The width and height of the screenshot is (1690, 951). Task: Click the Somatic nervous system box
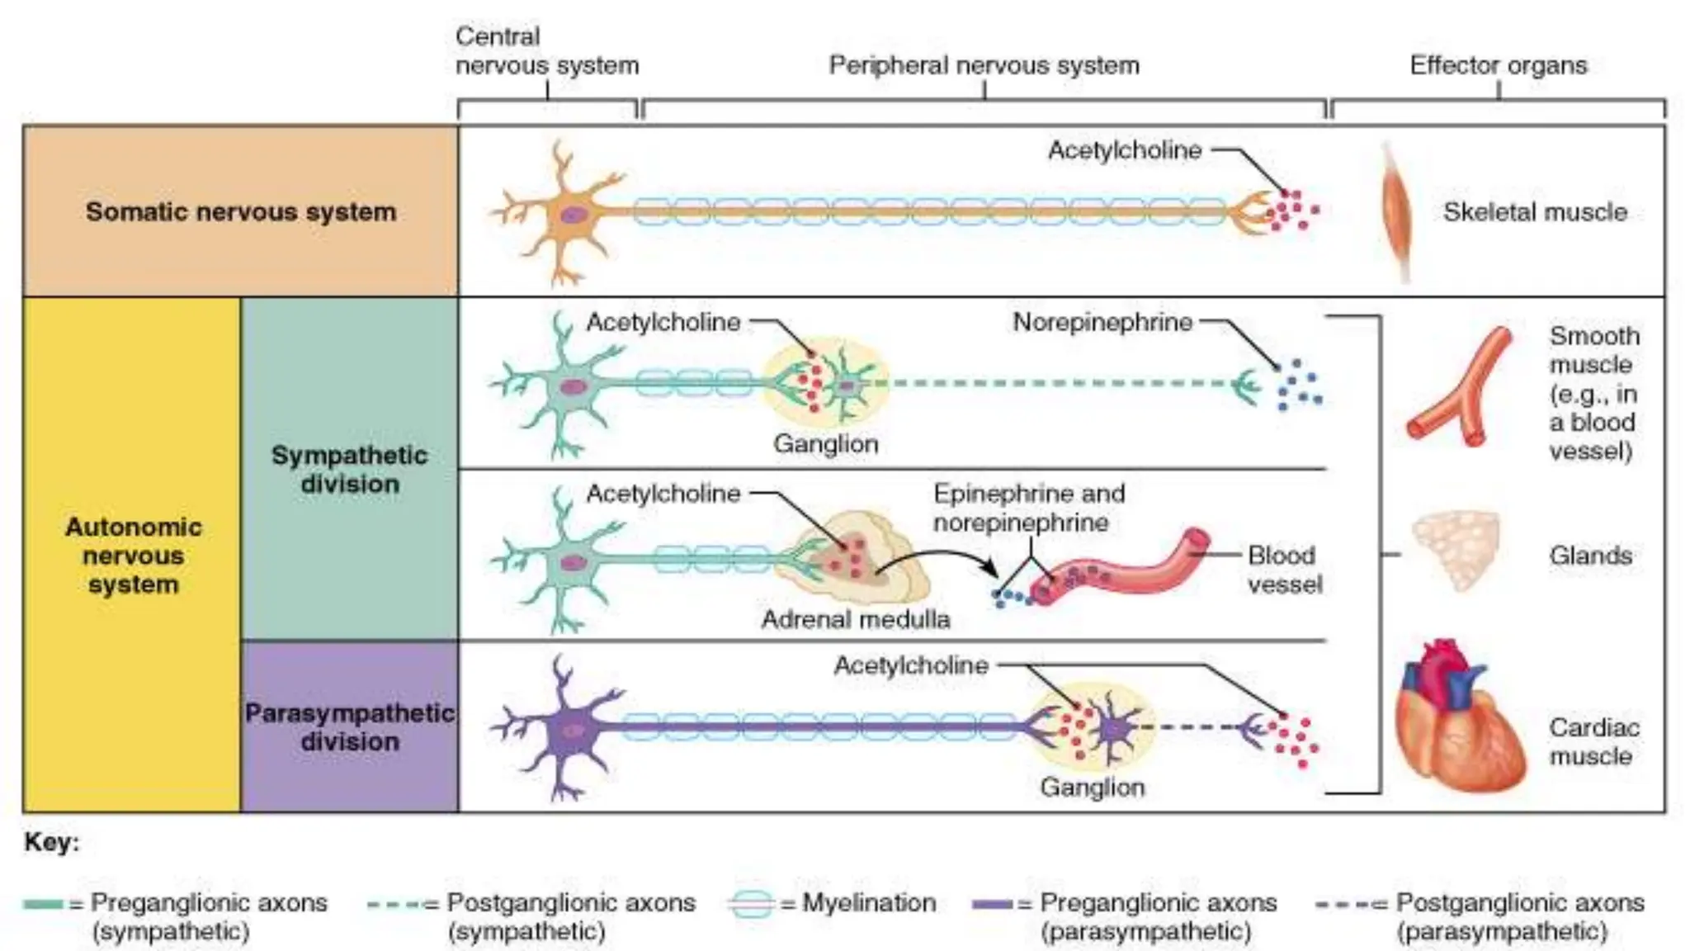pos(240,211)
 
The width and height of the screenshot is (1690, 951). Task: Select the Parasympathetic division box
pos(349,726)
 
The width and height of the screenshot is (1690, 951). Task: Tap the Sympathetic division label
pos(349,469)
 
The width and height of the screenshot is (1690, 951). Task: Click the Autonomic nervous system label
pos(133,555)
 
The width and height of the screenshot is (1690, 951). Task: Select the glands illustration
pos(1456,550)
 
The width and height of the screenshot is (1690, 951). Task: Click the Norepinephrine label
pos(1102,322)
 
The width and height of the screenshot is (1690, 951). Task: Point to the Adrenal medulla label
pos(855,619)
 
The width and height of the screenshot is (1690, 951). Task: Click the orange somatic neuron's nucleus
pos(572,215)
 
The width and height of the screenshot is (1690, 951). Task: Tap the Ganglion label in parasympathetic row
pos(1092,787)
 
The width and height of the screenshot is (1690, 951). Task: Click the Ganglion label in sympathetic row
pos(825,443)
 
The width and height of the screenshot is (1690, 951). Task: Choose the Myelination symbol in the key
pos(752,903)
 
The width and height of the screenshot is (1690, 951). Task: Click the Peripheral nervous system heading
pos(984,65)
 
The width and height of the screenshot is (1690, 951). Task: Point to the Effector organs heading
pos(1498,65)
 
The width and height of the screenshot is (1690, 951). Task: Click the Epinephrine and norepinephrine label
pos(1028,508)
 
